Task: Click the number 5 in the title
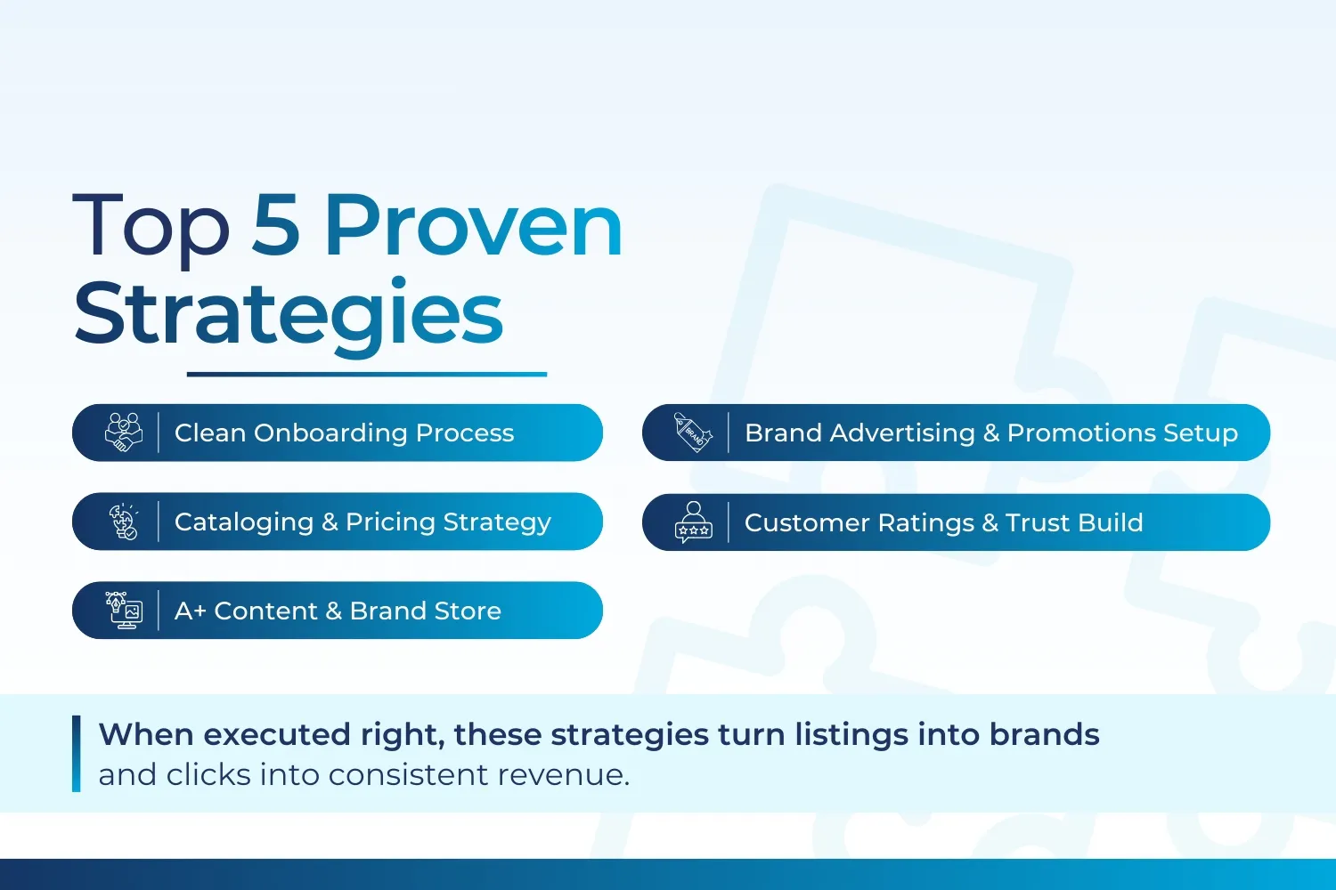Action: [x=275, y=226]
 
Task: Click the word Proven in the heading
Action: [x=473, y=226]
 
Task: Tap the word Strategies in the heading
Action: [x=289, y=313]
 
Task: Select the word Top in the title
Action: [x=151, y=228]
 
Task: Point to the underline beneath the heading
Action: [x=366, y=375]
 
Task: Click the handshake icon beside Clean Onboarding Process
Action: [x=124, y=433]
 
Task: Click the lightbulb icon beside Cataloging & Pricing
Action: [x=124, y=522]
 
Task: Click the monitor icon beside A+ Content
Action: [x=124, y=611]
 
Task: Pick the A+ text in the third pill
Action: [x=190, y=611]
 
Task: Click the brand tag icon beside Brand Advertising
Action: [x=693, y=433]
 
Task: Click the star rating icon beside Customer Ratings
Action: [x=693, y=522]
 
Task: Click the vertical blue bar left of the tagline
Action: [x=76, y=754]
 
